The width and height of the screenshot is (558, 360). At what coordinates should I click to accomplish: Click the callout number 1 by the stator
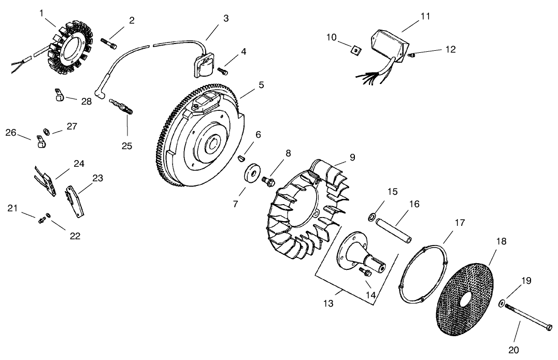coord(41,12)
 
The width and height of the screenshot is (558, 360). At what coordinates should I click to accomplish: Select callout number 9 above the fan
coord(352,157)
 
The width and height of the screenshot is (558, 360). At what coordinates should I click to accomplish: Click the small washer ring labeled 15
coord(372,215)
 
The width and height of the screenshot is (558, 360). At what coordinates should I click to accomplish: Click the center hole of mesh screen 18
coord(463,301)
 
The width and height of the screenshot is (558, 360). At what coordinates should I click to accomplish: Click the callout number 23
coord(98,178)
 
